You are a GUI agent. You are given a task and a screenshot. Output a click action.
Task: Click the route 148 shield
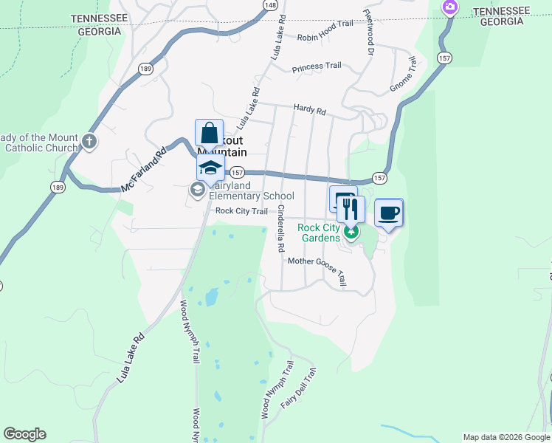[x=272, y=5]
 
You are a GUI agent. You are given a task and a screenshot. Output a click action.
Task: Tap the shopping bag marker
[x=210, y=134]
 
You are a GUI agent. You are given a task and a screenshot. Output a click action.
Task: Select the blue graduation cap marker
[x=211, y=168]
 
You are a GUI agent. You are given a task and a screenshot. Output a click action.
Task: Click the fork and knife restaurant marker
[x=351, y=210]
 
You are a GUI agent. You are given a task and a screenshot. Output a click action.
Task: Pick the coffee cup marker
[x=389, y=213]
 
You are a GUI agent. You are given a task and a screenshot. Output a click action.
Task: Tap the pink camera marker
[x=449, y=7]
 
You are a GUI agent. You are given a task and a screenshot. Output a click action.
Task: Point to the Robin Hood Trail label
[x=325, y=36]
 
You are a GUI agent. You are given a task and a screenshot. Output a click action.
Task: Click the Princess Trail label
[x=317, y=66]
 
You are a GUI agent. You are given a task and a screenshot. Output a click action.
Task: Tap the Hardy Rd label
[x=309, y=109]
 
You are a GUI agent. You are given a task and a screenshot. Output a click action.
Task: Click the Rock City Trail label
[x=241, y=211]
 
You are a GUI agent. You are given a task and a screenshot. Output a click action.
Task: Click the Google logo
[x=25, y=433]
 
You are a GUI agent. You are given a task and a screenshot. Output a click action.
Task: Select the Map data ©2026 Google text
[x=506, y=437]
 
